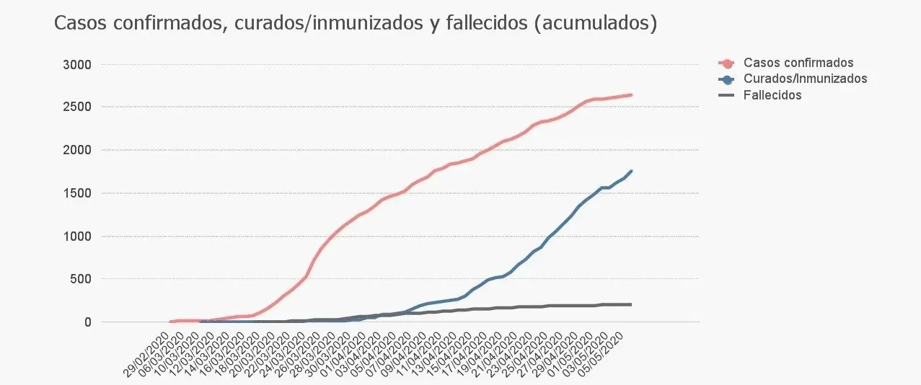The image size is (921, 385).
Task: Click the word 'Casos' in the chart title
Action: pos(79,24)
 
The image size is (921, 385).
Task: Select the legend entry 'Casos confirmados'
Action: pos(798,63)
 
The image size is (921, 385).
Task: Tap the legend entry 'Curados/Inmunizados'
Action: pos(805,79)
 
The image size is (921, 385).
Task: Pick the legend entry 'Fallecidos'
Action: pos(772,94)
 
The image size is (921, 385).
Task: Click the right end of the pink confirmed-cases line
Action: pos(632,95)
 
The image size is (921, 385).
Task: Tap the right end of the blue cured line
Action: pos(632,171)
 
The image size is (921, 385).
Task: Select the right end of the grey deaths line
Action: pos(632,304)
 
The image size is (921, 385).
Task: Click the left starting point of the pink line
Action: pos(171,322)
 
